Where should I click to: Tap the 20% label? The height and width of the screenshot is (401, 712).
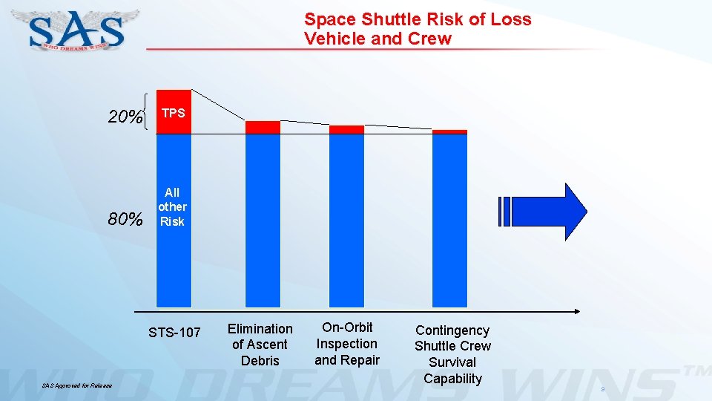pos(125,117)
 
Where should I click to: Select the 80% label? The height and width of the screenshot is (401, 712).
pos(125,220)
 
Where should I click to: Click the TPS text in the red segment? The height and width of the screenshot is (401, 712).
pos(173,113)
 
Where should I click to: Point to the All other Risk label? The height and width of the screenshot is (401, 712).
pos(172,207)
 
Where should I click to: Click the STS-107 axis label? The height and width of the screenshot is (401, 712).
pos(174,332)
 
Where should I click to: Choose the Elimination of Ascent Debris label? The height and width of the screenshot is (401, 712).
pos(260,345)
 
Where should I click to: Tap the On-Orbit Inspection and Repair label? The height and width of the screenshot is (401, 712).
pos(346,344)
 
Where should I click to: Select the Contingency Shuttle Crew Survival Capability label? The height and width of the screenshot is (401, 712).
pos(452,354)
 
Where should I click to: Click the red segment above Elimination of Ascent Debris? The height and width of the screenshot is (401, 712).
pos(263,127)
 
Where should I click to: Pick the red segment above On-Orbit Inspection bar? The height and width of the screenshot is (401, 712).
pos(346,129)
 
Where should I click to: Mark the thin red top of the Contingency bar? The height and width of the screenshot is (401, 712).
pos(449,131)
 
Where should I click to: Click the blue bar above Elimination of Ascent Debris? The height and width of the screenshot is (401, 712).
pos(263,220)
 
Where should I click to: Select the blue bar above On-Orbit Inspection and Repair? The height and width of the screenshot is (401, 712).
pos(346,220)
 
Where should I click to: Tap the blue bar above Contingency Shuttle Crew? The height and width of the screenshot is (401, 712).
pos(449,220)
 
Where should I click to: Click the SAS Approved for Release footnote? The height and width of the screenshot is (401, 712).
pos(76,386)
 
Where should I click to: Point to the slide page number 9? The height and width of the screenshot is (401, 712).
pos(602,389)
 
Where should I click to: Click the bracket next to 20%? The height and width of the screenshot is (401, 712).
pos(151,113)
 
